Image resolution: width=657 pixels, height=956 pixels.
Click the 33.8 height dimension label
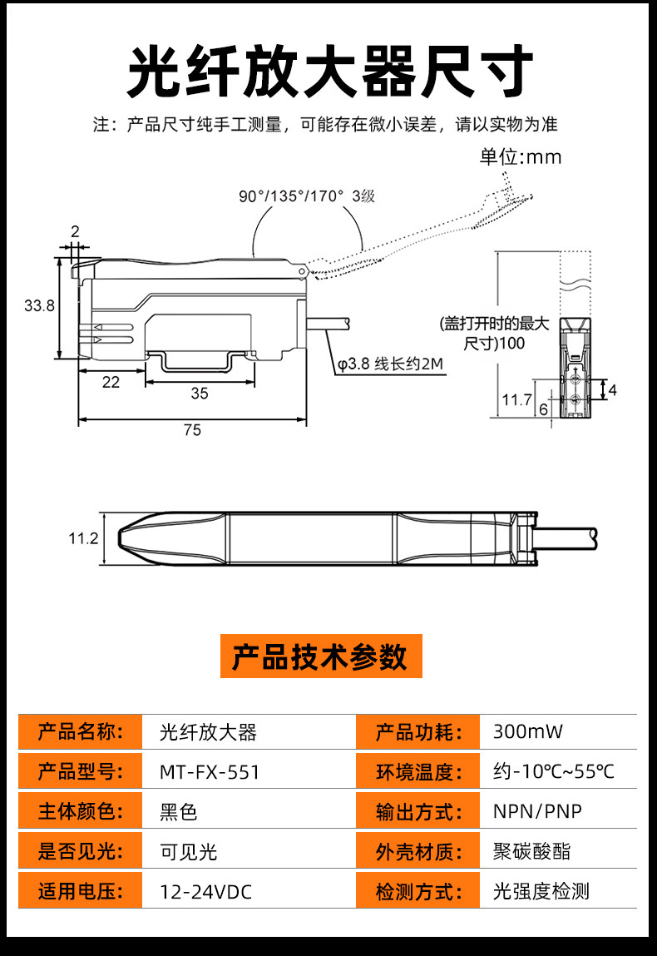coord(39,305)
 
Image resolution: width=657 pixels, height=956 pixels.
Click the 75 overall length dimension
coord(192,430)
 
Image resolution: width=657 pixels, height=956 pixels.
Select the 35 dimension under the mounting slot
coord(200,394)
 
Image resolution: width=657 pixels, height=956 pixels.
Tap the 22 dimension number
coord(111,382)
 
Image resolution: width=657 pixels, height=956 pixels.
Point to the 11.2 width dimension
coord(83,538)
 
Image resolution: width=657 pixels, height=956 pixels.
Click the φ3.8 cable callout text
coord(391,364)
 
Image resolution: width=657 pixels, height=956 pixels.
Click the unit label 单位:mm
coord(521,157)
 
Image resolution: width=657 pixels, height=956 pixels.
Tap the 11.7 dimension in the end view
coord(516,399)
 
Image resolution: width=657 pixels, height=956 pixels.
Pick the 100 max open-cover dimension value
coord(512,344)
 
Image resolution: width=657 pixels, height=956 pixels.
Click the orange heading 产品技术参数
coord(320,656)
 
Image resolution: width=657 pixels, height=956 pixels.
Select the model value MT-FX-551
coord(210,772)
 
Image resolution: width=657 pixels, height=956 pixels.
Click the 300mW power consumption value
coord(528,731)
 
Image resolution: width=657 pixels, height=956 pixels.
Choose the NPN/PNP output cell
coord(537,811)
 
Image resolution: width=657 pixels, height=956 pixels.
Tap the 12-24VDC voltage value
coord(206,892)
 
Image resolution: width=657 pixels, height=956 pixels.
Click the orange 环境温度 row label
coord(418,772)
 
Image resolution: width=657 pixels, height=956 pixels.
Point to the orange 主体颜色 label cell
coord(81,811)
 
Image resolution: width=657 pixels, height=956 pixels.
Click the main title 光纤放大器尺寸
coord(329,72)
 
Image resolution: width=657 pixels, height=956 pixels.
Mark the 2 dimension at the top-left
coord(75,231)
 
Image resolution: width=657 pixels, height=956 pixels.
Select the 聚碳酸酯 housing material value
coord(532,852)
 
